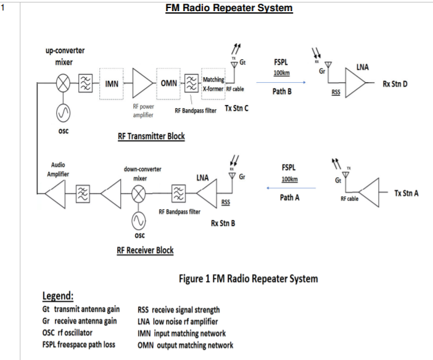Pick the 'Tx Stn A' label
407,193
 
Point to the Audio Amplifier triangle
54,194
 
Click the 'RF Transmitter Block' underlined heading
151,136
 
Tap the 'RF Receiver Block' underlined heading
145,250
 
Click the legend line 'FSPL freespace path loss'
81,344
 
